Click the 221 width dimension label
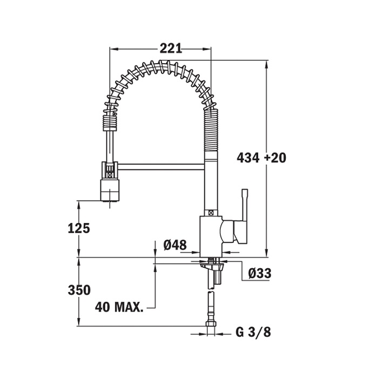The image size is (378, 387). [171, 49]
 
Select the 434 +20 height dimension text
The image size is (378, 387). [261, 158]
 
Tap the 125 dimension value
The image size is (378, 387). [79, 228]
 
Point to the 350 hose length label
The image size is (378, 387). [79, 290]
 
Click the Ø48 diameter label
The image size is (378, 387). [174, 245]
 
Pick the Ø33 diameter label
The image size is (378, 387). [259, 274]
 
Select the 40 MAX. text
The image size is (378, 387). [119, 308]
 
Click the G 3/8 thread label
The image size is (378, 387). [253, 332]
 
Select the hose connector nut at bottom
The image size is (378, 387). [211, 325]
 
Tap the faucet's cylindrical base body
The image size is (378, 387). [210, 235]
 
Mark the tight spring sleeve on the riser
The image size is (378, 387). [212, 132]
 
